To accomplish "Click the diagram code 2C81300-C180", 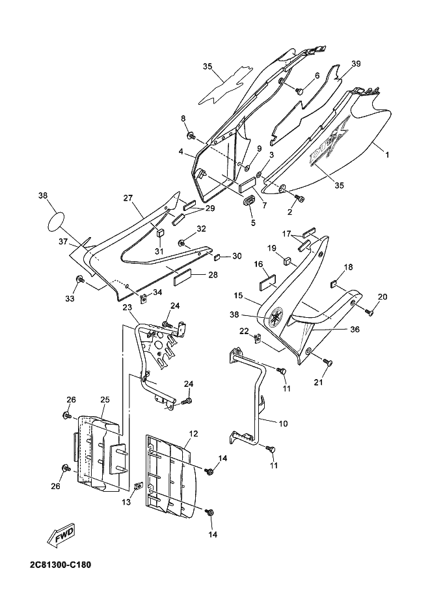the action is [x=60, y=564].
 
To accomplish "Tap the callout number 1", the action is [x=386, y=154].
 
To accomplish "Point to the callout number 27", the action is [x=128, y=199].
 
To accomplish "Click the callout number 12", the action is [x=193, y=433].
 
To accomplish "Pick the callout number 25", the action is [x=105, y=400].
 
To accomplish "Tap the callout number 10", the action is [x=284, y=423].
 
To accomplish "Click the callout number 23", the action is [x=128, y=307].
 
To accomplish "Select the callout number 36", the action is [x=355, y=330].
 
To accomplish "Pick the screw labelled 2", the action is [x=300, y=198].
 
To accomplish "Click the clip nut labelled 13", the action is [x=137, y=487].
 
